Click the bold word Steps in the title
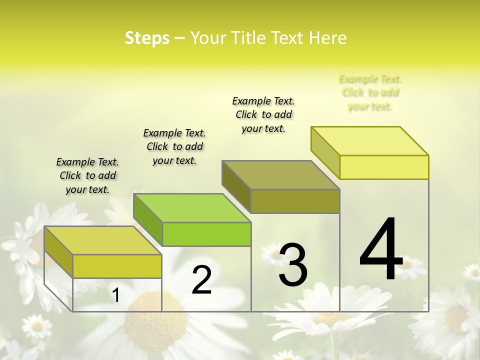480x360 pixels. click(147, 38)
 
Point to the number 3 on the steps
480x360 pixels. click(293, 265)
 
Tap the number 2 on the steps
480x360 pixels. click(201, 280)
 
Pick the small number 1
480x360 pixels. click(115, 295)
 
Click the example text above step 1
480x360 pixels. click(87, 175)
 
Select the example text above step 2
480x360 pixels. click(174, 146)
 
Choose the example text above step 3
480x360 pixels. click(263, 114)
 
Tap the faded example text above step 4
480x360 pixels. click(370, 92)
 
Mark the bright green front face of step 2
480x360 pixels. click(206, 234)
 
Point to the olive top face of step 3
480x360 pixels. click(280, 175)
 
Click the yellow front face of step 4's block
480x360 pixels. click(384, 167)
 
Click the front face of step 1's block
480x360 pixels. click(117, 266)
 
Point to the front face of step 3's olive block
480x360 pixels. click(295, 201)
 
